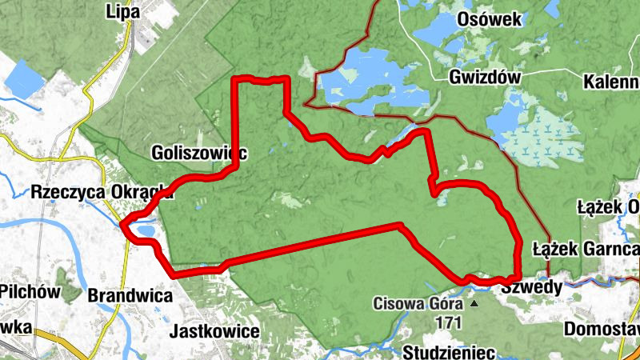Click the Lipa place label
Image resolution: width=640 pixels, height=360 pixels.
point(122,11)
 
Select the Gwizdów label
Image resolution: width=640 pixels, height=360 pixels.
point(485,78)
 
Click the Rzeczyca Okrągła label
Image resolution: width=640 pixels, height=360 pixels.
point(102,192)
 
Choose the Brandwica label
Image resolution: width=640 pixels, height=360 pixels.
point(130,295)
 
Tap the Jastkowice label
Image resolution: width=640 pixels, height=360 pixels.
point(215,331)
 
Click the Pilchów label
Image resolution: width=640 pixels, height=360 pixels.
point(30,291)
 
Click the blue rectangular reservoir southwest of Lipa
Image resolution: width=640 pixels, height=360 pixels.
point(25,77)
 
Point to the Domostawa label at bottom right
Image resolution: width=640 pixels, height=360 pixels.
point(602,329)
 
